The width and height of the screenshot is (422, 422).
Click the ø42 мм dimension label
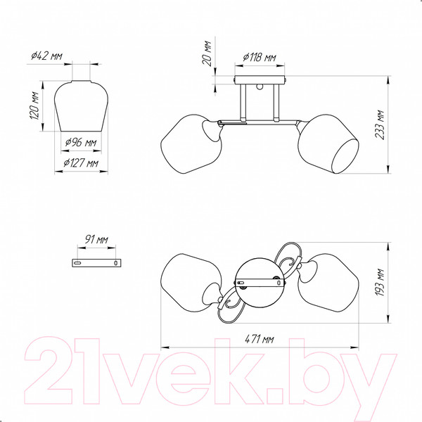(46, 56)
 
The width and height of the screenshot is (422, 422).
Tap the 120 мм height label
(34, 106)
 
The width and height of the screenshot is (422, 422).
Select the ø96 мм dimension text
(81, 142)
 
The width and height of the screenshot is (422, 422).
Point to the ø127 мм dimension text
(81, 163)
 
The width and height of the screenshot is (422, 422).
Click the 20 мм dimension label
(207, 53)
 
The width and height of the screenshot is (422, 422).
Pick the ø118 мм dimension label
(259, 58)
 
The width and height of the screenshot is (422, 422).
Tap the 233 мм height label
(380, 124)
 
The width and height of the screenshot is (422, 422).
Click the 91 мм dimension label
(96, 239)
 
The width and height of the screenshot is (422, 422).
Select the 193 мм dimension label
(380, 282)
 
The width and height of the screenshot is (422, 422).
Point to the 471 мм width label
(259, 339)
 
